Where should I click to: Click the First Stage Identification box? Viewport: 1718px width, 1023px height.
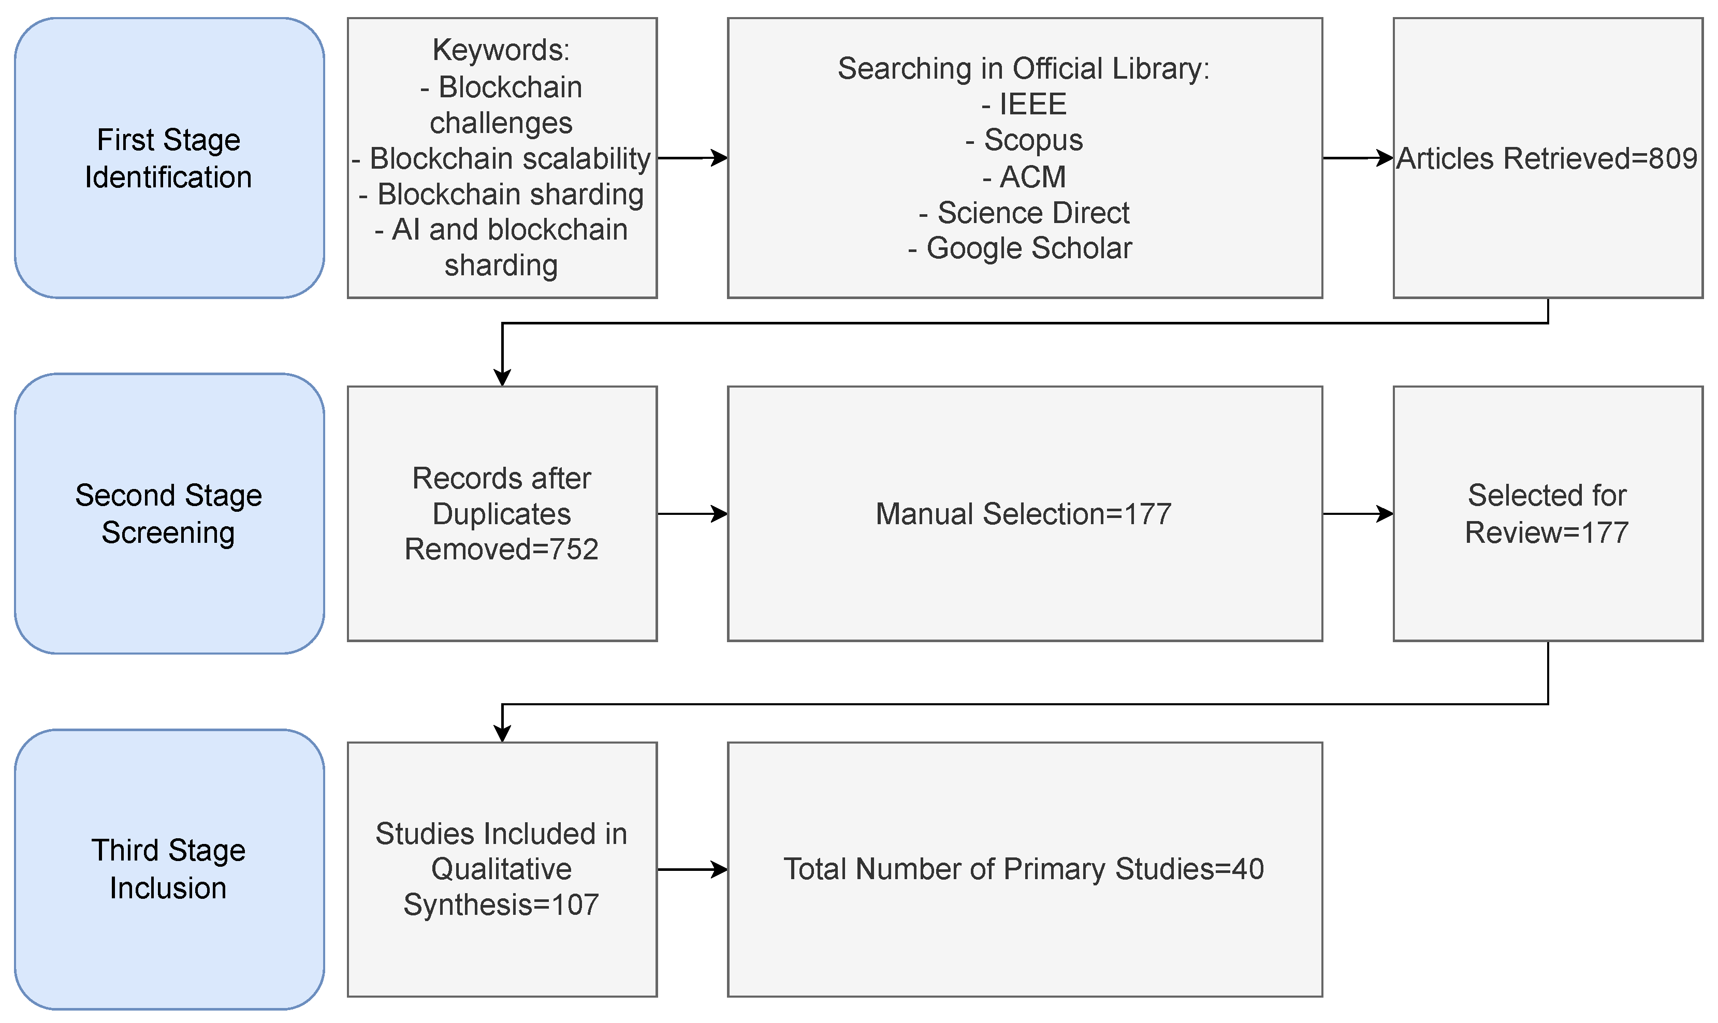click(169, 158)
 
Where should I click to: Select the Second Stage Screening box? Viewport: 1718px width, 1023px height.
click(169, 513)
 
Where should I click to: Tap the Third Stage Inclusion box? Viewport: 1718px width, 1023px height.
click(169, 869)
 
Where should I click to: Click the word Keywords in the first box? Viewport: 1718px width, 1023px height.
click(500, 50)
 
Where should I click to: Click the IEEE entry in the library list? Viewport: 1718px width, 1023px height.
click(1024, 105)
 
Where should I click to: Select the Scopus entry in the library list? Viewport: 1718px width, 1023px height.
click(1024, 140)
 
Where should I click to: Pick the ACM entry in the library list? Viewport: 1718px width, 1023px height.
click(1024, 176)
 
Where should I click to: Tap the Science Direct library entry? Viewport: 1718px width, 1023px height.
click(1024, 212)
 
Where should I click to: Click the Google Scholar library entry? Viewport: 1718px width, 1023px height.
click(1021, 248)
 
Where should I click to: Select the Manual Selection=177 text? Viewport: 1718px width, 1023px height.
click(1024, 513)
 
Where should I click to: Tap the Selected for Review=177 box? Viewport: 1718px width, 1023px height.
click(1547, 513)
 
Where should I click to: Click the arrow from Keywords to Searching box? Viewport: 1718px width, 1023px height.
click(692, 158)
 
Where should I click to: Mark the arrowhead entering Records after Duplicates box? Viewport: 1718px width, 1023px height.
click(502, 378)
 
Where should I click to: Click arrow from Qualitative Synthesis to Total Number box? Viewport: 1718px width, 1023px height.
click(692, 869)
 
